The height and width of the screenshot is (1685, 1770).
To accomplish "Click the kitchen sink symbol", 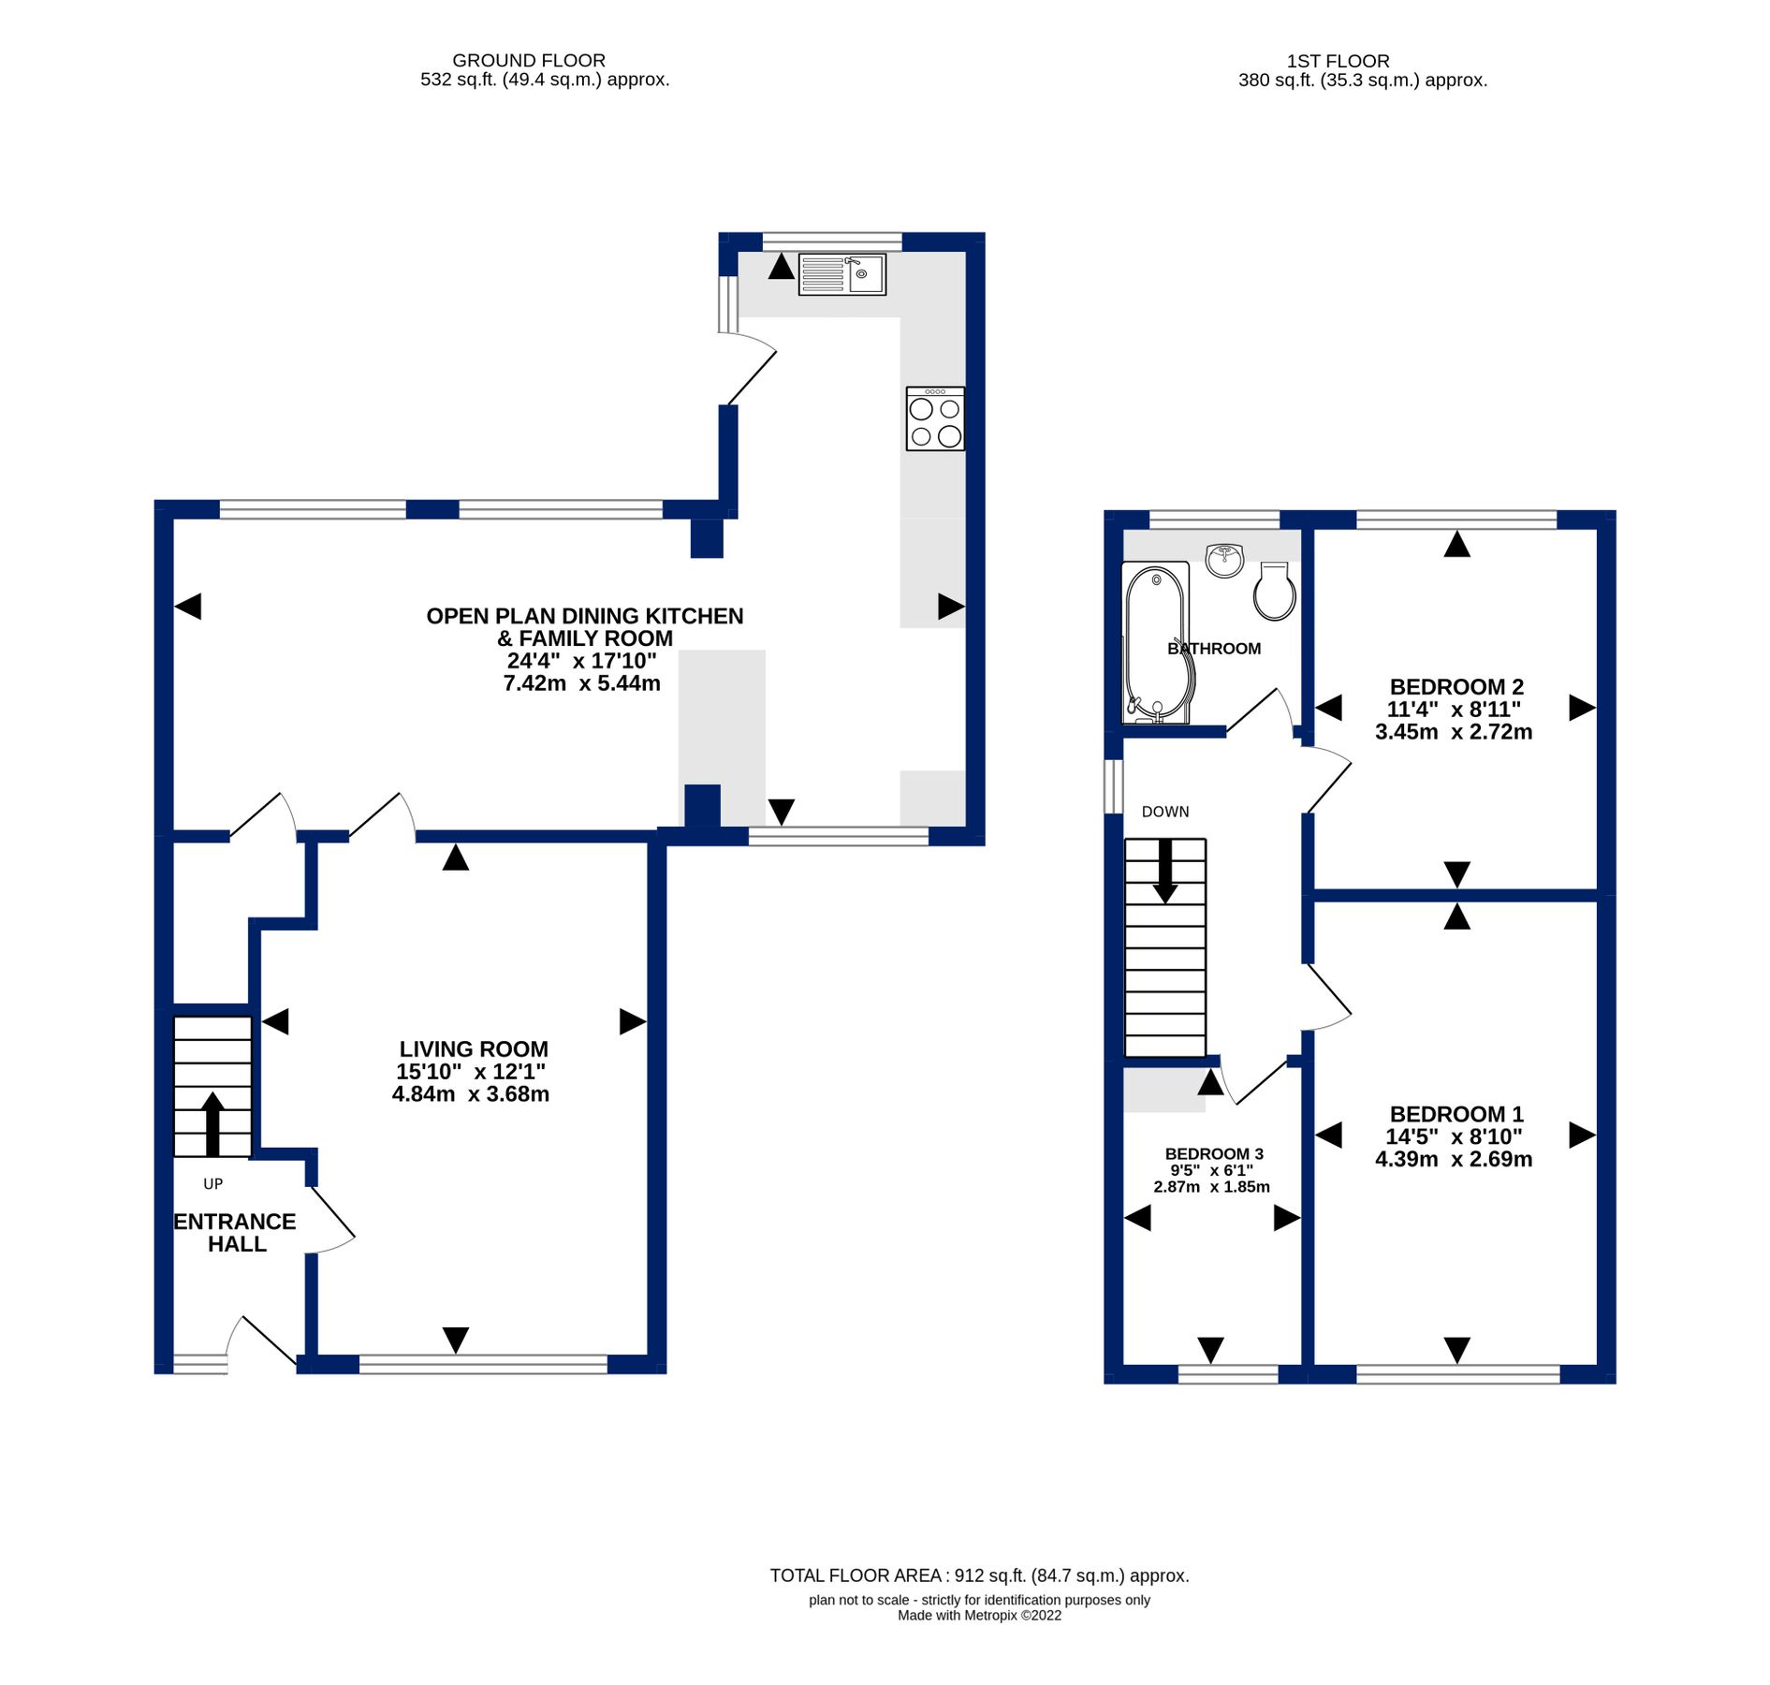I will (841, 274).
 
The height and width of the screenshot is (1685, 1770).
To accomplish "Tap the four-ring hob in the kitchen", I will (934, 418).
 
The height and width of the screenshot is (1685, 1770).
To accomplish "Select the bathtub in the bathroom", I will (1158, 642).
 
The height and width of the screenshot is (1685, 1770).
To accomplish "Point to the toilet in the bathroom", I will (1273, 591).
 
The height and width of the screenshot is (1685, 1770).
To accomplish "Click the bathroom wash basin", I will (1223, 560).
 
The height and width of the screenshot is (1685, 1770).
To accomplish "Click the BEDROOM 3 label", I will (1213, 1154).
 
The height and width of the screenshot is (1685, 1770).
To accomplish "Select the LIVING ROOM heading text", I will (474, 1049).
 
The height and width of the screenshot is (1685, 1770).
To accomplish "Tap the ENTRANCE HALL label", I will (236, 1233).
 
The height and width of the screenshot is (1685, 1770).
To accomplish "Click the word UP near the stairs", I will (213, 1184).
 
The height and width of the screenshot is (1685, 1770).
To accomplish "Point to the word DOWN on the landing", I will (1164, 812).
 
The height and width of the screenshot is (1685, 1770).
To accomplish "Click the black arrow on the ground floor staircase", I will (213, 1122).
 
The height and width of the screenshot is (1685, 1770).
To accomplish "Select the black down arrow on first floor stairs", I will (1164, 872).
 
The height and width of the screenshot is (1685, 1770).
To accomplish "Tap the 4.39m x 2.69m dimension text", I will (1453, 1159).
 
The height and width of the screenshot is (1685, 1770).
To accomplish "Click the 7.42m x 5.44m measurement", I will (581, 683).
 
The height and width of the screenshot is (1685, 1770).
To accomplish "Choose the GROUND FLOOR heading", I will (529, 61).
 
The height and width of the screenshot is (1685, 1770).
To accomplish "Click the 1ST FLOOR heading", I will (1337, 61).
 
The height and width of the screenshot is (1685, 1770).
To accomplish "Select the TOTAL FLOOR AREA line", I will (979, 1575).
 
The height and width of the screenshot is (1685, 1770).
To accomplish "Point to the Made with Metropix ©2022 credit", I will (979, 1615).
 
